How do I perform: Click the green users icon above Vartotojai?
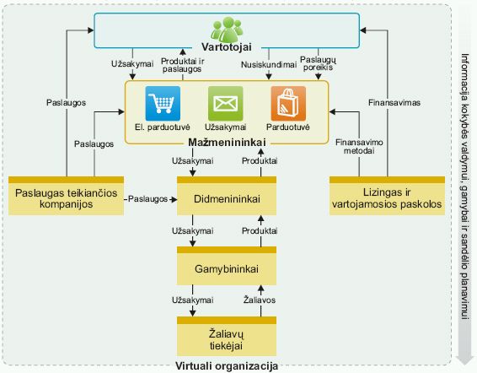[227, 30]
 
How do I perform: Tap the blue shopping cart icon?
[163, 104]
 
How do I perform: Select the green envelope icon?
[225, 104]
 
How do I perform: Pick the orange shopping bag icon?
[288, 104]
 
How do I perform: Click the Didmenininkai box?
[227, 196]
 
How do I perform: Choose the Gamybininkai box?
[227, 266]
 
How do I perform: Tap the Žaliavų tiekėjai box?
[227, 336]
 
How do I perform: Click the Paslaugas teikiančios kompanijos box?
[66, 196]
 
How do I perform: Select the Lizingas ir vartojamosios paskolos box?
[387, 196]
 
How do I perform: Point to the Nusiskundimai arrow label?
[269, 65]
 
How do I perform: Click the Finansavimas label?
[394, 103]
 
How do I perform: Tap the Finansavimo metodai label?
[359, 147]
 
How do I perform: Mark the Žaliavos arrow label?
[260, 300]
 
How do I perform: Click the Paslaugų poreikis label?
[318, 63]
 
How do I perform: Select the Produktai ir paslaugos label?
[182, 65]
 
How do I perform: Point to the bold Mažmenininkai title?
[227, 143]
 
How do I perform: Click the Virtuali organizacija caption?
[227, 366]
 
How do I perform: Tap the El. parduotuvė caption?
[163, 127]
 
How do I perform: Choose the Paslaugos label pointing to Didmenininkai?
[147, 199]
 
